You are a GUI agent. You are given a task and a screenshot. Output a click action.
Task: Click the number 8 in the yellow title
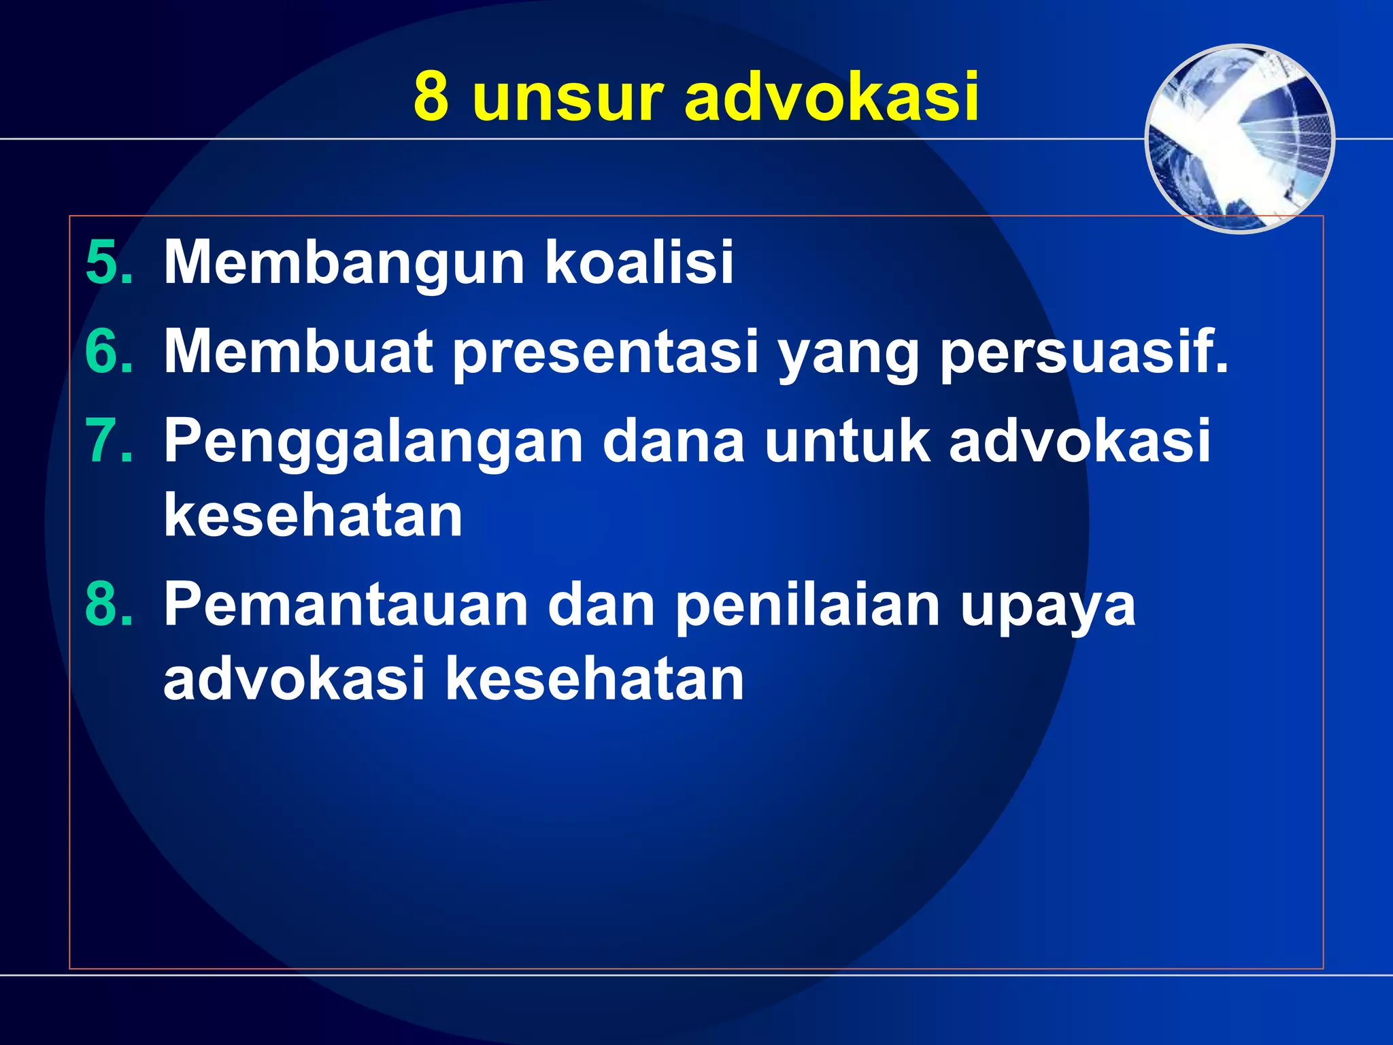[431, 97]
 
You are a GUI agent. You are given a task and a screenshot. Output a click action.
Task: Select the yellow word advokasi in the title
[831, 97]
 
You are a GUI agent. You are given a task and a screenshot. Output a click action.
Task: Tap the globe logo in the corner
[1239, 139]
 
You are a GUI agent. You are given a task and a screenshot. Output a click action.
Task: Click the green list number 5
[109, 263]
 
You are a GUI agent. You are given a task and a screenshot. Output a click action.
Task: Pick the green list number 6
[109, 352]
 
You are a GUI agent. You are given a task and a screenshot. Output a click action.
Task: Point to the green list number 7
[109, 441]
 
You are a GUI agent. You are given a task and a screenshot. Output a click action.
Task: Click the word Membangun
[344, 264]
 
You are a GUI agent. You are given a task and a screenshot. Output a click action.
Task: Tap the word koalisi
[639, 263]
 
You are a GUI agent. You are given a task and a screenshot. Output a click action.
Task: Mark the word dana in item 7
[673, 441]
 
